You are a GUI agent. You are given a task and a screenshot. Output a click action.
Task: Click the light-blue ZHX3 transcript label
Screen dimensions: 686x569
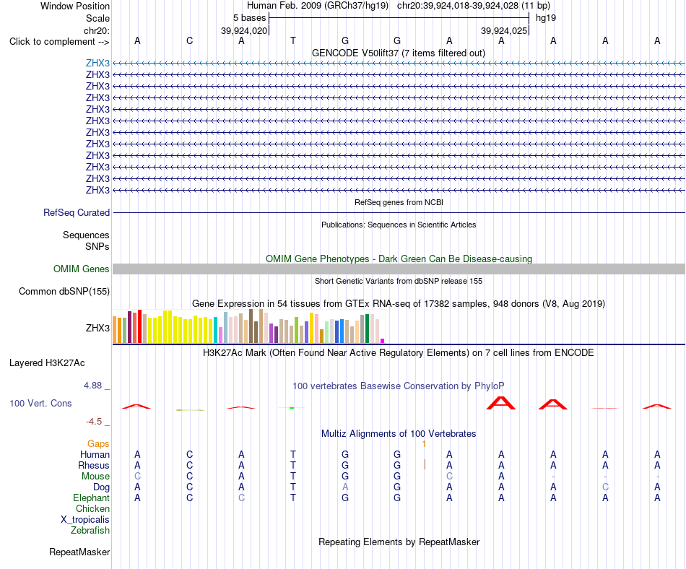pos(97,63)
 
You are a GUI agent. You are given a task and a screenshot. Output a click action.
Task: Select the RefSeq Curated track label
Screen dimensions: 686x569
pos(77,212)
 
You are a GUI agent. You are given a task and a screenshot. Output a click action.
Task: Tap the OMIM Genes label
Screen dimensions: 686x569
pos(82,269)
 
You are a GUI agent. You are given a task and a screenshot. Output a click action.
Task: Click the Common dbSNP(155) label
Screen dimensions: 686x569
pos(64,291)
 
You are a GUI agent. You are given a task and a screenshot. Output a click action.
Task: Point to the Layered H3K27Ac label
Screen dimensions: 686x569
pos(47,363)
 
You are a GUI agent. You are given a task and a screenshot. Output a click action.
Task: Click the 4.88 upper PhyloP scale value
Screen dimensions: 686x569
pos(92,386)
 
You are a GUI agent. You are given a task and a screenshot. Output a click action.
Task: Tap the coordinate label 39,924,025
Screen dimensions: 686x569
pos(504,30)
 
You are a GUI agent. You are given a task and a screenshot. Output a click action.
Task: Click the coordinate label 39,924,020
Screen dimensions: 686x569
pos(244,30)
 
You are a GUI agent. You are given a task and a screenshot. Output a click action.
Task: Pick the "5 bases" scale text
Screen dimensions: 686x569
pos(249,18)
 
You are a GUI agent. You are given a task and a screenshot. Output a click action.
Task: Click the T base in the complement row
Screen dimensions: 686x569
pos(293,40)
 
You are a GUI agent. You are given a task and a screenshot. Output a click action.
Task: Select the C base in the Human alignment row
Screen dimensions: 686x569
pos(189,454)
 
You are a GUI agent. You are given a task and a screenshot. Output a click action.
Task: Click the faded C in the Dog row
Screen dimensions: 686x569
pos(605,487)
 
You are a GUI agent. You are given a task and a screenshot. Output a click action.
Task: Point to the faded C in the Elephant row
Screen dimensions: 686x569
pos(241,498)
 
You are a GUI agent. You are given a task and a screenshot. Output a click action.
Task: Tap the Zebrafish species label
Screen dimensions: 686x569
pos(90,531)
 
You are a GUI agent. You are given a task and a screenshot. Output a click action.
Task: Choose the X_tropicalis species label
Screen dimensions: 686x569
pos(85,520)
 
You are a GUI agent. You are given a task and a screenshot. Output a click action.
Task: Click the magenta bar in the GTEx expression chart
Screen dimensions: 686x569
pos(383,341)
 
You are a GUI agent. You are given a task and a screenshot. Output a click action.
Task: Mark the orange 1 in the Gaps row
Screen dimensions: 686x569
pos(424,444)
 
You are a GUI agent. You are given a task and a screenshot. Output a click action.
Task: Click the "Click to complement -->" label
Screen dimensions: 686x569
pos(59,42)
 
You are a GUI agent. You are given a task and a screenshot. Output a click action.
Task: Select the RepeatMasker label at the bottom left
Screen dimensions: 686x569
pos(79,552)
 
